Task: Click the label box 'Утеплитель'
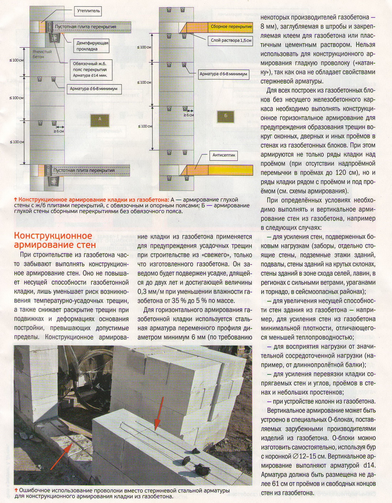(x=88, y=11)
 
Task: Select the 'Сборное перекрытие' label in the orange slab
(x=231, y=27)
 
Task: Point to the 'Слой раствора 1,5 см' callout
(x=231, y=40)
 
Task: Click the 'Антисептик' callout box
(x=224, y=155)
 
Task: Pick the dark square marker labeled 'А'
(x=100, y=119)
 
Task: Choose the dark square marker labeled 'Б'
(x=226, y=116)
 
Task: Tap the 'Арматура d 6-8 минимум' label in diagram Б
(x=223, y=74)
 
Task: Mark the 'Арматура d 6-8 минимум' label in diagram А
(x=94, y=89)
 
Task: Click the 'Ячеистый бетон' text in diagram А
(x=42, y=54)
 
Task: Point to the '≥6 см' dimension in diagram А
(x=59, y=131)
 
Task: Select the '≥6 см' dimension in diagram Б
(x=189, y=115)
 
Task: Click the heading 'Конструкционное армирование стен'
(x=55, y=240)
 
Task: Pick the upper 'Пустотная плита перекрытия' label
(x=85, y=27)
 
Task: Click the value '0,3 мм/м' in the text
(x=151, y=292)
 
